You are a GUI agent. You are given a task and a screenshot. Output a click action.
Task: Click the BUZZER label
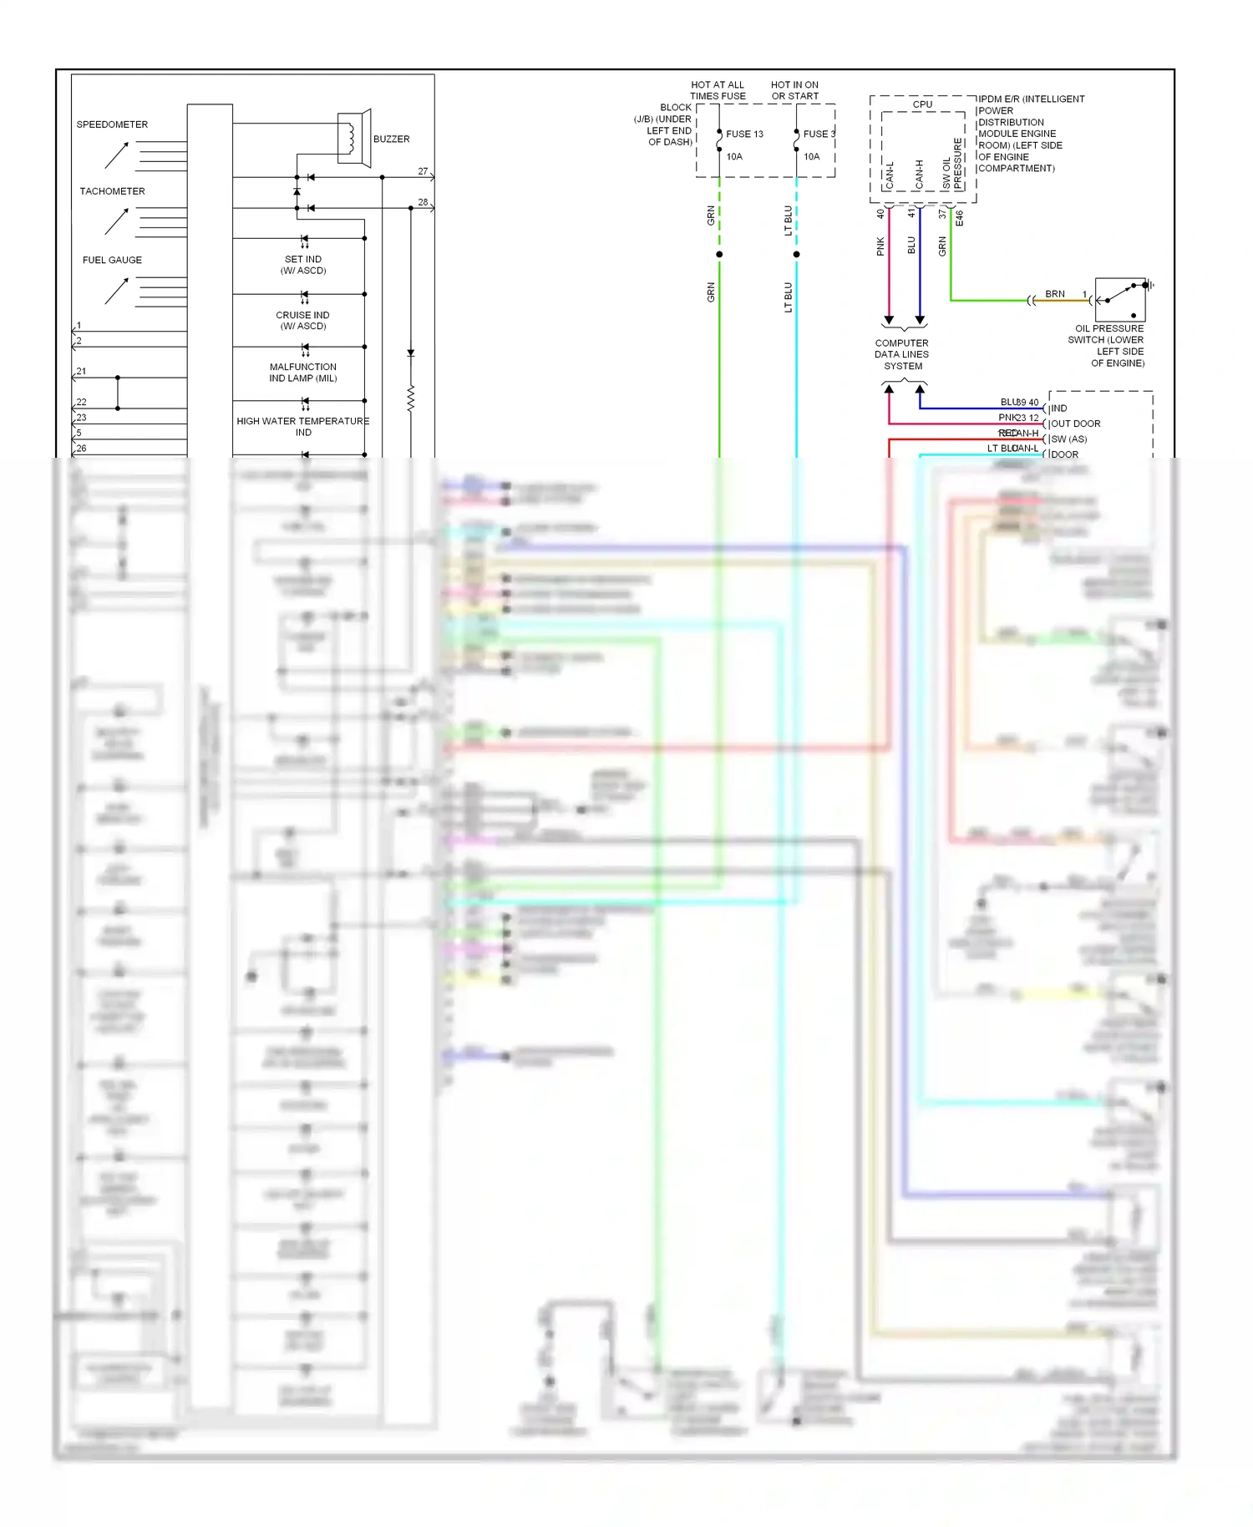[391, 140]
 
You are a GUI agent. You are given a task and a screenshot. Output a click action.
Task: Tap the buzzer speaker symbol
[354, 138]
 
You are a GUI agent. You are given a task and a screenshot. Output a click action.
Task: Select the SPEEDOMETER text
[112, 124]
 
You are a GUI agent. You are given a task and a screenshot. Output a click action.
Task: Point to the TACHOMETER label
[112, 191]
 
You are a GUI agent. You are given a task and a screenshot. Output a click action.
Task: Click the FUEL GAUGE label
[112, 260]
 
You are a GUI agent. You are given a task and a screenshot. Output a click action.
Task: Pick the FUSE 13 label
[744, 134]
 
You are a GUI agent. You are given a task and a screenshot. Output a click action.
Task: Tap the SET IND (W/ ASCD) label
[303, 265]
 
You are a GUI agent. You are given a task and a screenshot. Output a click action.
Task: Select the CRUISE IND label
[302, 320]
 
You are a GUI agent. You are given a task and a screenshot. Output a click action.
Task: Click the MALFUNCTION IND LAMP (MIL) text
[303, 373]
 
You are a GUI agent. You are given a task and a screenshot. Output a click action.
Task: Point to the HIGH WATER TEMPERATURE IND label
[302, 427]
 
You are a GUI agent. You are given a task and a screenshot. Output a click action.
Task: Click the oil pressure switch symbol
[1120, 300]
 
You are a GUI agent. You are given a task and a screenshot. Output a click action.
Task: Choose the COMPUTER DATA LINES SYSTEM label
[902, 354]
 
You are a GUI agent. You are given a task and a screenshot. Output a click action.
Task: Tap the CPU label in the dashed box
[922, 104]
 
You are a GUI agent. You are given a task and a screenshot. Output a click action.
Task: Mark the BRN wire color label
[1055, 294]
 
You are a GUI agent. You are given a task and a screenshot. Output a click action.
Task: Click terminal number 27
[423, 171]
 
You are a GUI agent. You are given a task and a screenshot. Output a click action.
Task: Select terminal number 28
[423, 202]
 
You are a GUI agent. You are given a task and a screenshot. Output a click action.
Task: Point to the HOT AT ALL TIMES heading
[718, 90]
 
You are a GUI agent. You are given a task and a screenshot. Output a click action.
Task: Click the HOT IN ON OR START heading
[794, 90]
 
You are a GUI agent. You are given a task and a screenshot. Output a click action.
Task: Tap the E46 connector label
[960, 218]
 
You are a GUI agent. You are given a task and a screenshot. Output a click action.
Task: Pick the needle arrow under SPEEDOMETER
[116, 155]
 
